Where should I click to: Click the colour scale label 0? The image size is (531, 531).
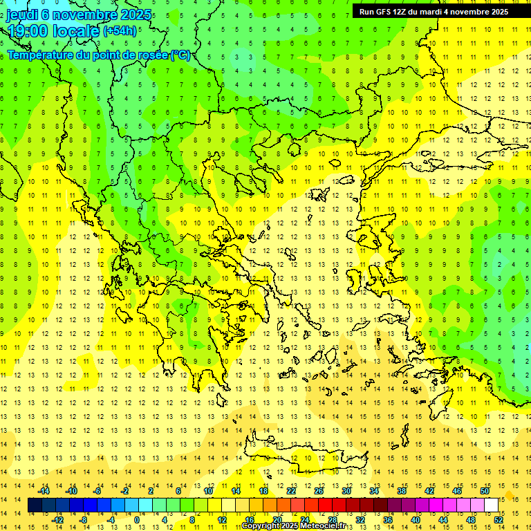[137, 519]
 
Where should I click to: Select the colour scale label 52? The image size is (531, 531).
[499, 519]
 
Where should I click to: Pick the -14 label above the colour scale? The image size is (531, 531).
[44, 491]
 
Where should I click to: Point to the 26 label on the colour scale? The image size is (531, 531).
[319, 491]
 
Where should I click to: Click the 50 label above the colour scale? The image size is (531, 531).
[484, 491]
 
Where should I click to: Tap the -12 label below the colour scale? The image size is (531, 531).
[58, 519]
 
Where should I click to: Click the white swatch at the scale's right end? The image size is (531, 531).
[491, 505]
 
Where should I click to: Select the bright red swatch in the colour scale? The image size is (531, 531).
[325, 505]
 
